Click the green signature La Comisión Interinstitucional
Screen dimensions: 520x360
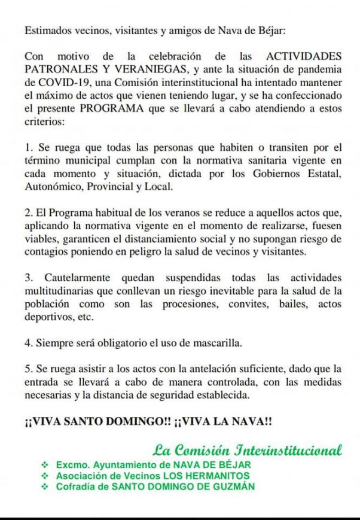247,449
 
